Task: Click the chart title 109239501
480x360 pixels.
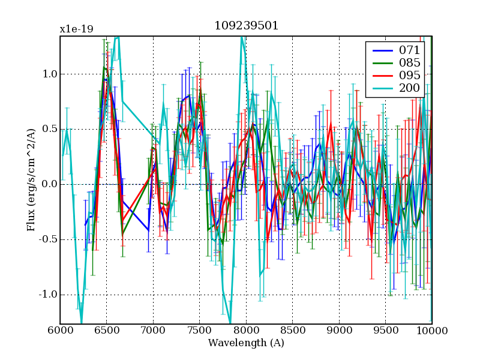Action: tap(246, 26)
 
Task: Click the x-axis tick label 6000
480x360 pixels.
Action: tap(60, 331)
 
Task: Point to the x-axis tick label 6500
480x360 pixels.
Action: tap(106, 331)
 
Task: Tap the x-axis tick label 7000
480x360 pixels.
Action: tap(153, 331)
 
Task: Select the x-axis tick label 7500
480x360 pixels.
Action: tap(199, 331)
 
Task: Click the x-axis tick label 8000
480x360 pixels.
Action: tap(246, 331)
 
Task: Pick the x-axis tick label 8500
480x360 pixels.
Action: tap(292, 331)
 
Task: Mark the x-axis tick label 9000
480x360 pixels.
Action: tap(339, 331)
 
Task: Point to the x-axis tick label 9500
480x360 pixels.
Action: tap(385, 331)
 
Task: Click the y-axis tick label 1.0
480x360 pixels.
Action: tap(49, 74)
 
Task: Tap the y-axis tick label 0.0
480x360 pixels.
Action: tap(49, 184)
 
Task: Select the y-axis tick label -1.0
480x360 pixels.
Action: tap(47, 295)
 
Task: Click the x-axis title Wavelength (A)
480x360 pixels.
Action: tap(246, 343)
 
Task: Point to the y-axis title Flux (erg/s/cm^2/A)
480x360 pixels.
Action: tap(31, 180)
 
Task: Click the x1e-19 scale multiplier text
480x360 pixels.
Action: tap(76, 29)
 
